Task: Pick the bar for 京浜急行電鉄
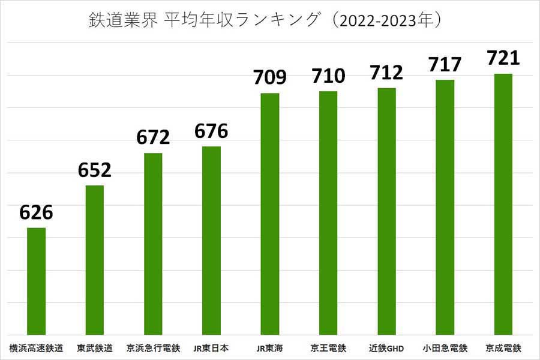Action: coord(153,244)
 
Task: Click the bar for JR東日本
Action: coord(211,240)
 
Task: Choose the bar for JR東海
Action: coord(270,214)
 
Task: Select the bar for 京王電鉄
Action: coord(328,213)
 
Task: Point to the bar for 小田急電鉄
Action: coord(445,207)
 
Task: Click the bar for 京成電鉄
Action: coord(503,204)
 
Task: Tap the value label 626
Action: coord(37,212)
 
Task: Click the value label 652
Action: coord(95,170)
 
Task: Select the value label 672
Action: coord(153,137)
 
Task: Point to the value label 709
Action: coord(270,77)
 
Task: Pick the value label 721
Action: coord(503,58)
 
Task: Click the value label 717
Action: coord(445,64)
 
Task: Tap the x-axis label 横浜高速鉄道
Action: coord(37,347)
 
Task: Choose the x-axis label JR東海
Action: coord(270,347)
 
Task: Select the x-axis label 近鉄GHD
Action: coord(386,347)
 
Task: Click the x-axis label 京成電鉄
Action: coord(503,347)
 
